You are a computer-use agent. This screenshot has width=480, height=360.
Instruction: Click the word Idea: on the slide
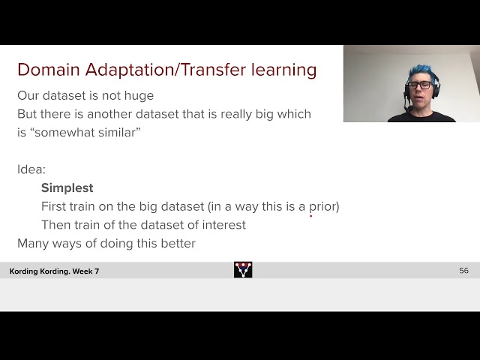31,169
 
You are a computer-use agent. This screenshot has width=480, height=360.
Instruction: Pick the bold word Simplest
67,187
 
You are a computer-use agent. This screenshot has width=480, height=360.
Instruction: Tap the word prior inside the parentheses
321,206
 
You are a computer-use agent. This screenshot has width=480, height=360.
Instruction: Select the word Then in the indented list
55,225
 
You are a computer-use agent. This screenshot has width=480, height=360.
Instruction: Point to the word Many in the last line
33,243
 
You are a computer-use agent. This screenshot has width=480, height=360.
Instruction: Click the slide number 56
463,271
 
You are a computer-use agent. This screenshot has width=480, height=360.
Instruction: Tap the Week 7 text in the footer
86,271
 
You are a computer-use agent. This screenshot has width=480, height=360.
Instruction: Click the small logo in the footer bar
243,270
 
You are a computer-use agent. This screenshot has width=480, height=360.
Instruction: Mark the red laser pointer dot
310,215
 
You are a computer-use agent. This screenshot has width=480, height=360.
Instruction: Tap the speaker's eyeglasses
419,85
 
